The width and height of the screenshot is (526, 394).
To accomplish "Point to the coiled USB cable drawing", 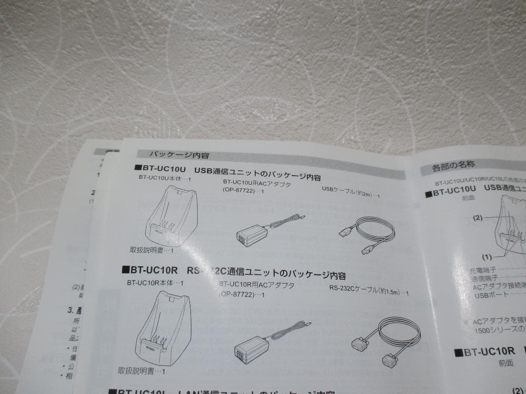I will tap(367, 233).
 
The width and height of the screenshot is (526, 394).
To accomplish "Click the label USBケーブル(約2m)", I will tap(351, 194).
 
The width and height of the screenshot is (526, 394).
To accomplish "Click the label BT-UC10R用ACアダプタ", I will tap(257, 285).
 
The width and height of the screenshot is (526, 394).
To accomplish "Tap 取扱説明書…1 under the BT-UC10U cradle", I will tap(151, 250).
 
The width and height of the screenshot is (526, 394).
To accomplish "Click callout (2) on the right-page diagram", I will tap(478, 217).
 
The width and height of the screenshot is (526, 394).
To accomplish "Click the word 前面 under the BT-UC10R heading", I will tap(506, 362).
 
